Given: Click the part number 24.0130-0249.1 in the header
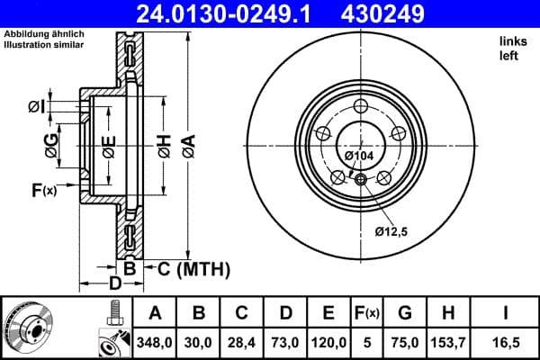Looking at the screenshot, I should click(231, 13).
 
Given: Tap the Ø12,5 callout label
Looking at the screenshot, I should click(391, 232).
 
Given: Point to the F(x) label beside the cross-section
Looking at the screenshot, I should click(43, 190).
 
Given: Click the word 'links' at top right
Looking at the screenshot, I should click(513, 41).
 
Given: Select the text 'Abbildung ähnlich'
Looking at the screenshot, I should click(44, 34).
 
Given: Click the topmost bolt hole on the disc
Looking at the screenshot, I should click(361, 105).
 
